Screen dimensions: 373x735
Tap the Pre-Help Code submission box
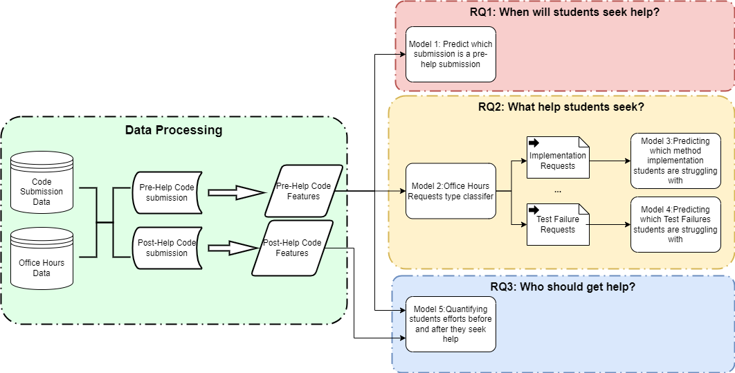point(166,192)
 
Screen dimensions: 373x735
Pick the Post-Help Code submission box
point(166,248)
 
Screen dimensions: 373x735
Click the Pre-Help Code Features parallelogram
point(303,191)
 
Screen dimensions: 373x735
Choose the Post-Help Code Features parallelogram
point(292,248)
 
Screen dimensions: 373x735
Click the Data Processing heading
point(174,130)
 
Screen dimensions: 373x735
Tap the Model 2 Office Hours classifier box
point(451,191)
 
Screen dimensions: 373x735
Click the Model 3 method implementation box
point(675,161)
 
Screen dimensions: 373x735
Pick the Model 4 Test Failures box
point(675,224)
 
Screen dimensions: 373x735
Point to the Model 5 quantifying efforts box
point(451,324)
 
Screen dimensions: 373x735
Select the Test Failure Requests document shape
point(557,224)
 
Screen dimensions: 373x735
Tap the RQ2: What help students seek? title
point(561,107)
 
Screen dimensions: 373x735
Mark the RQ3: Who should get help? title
point(563,286)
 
